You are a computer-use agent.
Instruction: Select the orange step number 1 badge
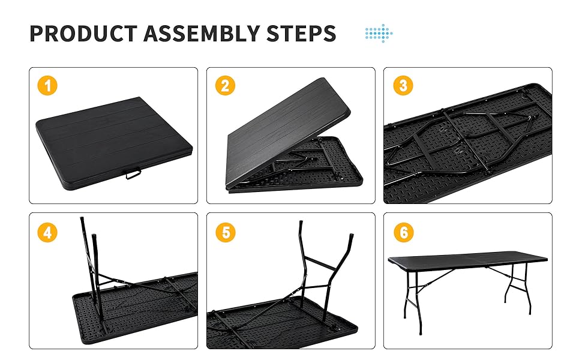[47, 85]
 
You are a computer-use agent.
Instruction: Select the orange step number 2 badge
[225, 85]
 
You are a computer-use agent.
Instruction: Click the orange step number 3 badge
[403, 85]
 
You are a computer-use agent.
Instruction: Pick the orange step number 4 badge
[47, 232]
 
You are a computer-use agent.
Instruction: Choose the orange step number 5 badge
[225, 232]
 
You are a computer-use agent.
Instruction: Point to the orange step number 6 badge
[403, 232]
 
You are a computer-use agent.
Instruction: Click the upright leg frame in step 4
[90, 258]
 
